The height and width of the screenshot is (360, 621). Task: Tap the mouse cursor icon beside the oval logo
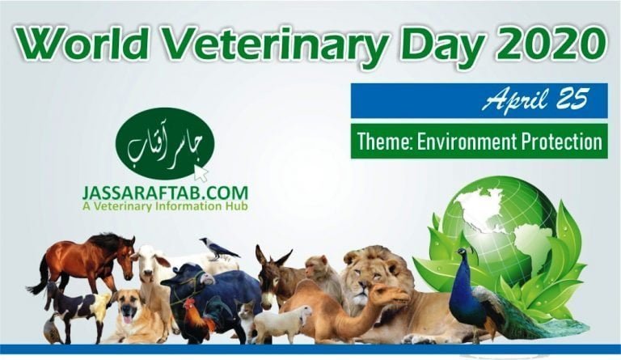tap(201, 173)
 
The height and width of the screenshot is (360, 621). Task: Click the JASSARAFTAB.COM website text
tap(164, 194)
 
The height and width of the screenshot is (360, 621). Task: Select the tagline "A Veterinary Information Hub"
tap(164, 207)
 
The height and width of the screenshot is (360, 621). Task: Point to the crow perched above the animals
tap(218, 248)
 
